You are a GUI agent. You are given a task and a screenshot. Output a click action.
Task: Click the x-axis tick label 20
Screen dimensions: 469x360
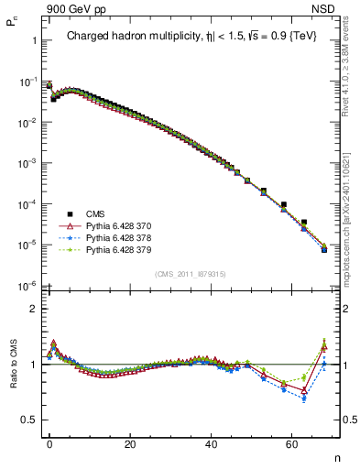[x=130, y=442]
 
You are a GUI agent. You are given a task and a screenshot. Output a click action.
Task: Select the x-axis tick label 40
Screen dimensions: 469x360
[x=212, y=442]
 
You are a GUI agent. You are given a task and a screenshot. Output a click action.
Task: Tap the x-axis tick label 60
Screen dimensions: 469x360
[x=292, y=442]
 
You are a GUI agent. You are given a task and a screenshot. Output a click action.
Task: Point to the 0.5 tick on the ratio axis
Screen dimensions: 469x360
[x=29, y=420]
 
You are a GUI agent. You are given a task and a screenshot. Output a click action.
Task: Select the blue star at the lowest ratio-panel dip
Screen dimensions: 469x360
[x=304, y=398]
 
